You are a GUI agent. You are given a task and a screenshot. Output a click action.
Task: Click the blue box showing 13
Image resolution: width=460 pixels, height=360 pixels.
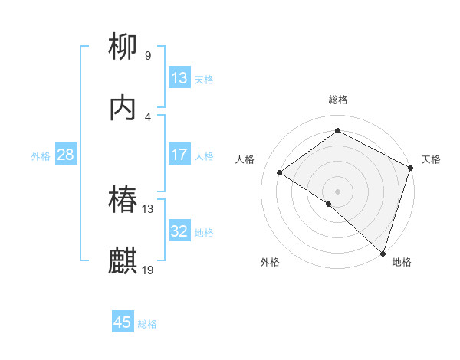click(179, 78)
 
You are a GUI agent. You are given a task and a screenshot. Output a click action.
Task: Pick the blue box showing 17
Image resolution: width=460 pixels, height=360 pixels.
click(179, 155)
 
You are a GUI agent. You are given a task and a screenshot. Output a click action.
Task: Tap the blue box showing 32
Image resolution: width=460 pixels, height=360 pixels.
click(179, 231)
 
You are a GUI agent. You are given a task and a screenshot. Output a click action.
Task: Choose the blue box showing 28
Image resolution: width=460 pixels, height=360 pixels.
click(66, 155)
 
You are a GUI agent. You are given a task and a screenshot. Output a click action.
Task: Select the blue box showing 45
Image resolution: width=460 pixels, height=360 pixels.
click(123, 322)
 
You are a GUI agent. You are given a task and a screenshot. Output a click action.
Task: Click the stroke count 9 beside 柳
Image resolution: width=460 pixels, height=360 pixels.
click(147, 56)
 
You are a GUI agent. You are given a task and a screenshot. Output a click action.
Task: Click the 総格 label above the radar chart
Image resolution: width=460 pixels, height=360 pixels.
click(338, 100)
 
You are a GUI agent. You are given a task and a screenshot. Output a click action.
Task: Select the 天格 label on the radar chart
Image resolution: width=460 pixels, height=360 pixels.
click(431, 159)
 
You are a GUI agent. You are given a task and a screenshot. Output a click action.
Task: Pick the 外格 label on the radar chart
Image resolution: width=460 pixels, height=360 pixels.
click(270, 262)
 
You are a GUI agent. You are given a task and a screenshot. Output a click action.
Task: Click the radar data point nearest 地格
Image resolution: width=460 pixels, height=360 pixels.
click(383, 252)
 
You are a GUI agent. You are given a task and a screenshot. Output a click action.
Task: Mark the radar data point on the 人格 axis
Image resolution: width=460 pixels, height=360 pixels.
click(280, 172)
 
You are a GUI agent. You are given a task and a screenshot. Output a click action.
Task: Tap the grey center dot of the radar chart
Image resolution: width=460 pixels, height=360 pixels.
click(337, 191)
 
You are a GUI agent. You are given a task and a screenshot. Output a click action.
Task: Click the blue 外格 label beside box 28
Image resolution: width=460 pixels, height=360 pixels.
click(41, 155)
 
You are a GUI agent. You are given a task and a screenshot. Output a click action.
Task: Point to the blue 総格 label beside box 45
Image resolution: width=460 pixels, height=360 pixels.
click(147, 323)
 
